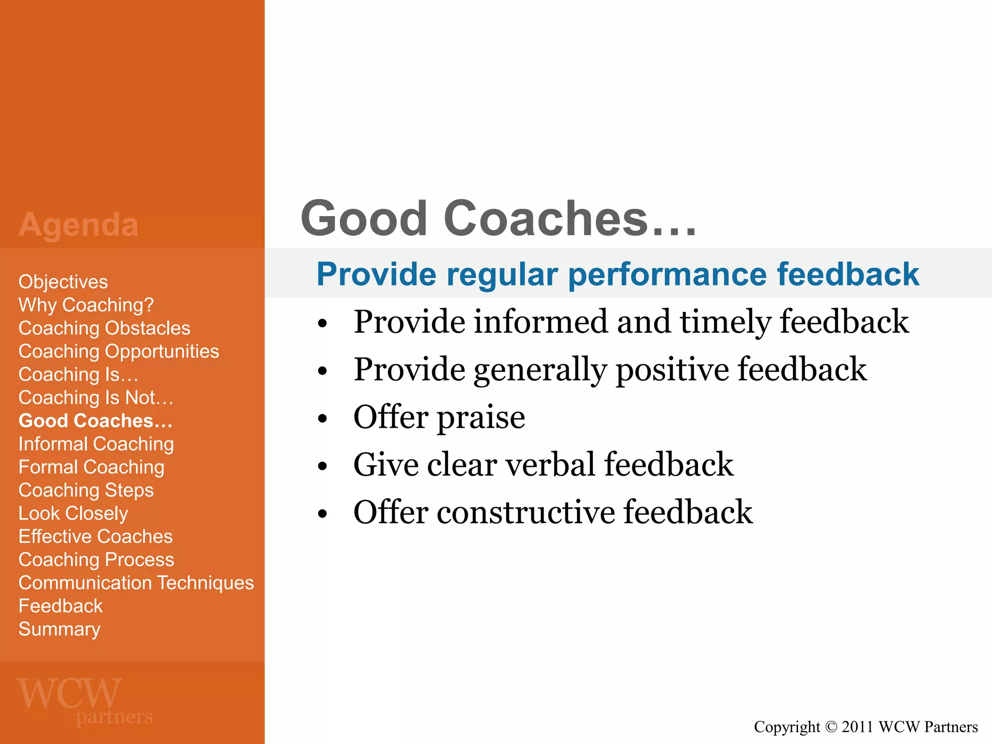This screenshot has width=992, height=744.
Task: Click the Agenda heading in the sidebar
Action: [78, 225]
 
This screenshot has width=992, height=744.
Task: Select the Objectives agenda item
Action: [63, 282]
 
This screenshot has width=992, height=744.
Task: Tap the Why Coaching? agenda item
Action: [86, 305]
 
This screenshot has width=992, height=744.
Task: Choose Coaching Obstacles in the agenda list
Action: [104, 328]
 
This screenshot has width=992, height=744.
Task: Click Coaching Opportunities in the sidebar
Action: [119, 352]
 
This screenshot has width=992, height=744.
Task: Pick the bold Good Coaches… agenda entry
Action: [95, 421]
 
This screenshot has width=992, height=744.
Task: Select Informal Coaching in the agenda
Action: [96, 444]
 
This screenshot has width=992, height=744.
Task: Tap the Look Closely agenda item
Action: [73, 513]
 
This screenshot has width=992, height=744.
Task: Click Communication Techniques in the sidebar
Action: [136, 583]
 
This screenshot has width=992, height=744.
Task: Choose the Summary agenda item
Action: [59, 629]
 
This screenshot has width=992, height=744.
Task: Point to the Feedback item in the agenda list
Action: [61, 606]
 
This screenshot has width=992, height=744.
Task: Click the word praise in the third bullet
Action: [480, 418]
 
